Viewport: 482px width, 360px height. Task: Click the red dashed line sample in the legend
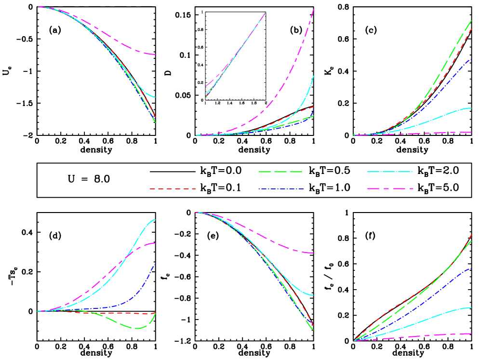[173, 189]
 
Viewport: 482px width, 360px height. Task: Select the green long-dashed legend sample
[280, 172]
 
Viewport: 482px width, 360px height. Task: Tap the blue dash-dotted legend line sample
[281, 189]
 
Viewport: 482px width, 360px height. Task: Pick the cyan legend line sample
[389, 172]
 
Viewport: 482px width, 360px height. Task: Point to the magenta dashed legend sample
[389, 189]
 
